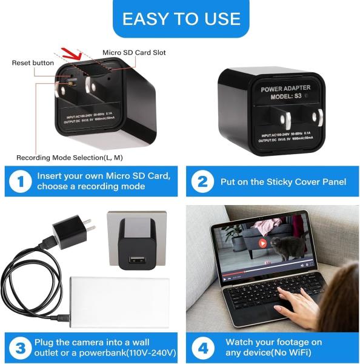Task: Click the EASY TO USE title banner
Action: [x=180, y=18]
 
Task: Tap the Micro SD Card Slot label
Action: [x=134, y=53]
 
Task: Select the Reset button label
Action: [x=32, y=62]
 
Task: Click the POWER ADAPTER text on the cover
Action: [x=285, y=89]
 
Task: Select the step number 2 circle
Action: [x=202, y=181]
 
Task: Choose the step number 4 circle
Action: [x=202, y=348]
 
